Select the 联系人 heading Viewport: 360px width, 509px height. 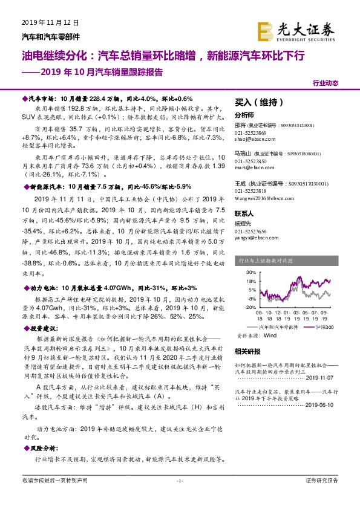[x=244, y=213]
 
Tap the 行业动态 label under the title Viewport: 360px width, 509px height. [x=326, y=83]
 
